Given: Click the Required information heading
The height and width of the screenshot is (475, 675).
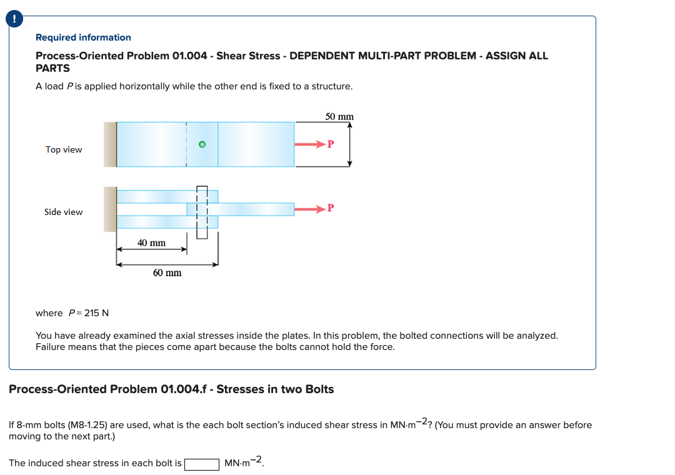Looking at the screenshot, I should pyautogui.click(x=83, y=37).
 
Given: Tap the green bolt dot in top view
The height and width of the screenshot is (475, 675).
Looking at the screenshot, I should pyautogui.click(x=201, y=144).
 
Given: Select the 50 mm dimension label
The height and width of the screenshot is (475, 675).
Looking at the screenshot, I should pyautogui.click(x=339, y=117).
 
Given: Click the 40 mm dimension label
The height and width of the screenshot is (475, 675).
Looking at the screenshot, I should pyautogui.click(x=151, y=242).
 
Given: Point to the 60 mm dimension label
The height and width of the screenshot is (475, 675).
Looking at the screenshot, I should pyautogui.click(x=167, y=272).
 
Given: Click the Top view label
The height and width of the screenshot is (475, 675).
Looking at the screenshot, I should pyautogui.click(x=64, y=149).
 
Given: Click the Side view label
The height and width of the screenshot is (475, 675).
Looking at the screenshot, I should pyautogui.click(x=63, y=212).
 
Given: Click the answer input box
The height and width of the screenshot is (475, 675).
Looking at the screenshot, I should pyautogui.click(x=201, y=464).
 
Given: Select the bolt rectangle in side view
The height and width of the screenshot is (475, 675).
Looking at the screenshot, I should pyautogui.click(x=202, y=212).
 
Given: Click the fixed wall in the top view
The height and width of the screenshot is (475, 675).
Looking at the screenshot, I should pyautogui.click(x=110, y=144).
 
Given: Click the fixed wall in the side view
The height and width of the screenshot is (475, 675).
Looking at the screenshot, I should pyautogui.click(x=110, y=209).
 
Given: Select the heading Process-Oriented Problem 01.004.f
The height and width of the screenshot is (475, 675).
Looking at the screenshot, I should pyautogui.click(x=171, y=389).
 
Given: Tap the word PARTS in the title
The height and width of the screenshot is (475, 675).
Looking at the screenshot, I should pyautogui.click(x=52, y=68).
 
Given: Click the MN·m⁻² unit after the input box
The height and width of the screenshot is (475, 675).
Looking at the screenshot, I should pyautogui.click(x=245, y=463).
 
